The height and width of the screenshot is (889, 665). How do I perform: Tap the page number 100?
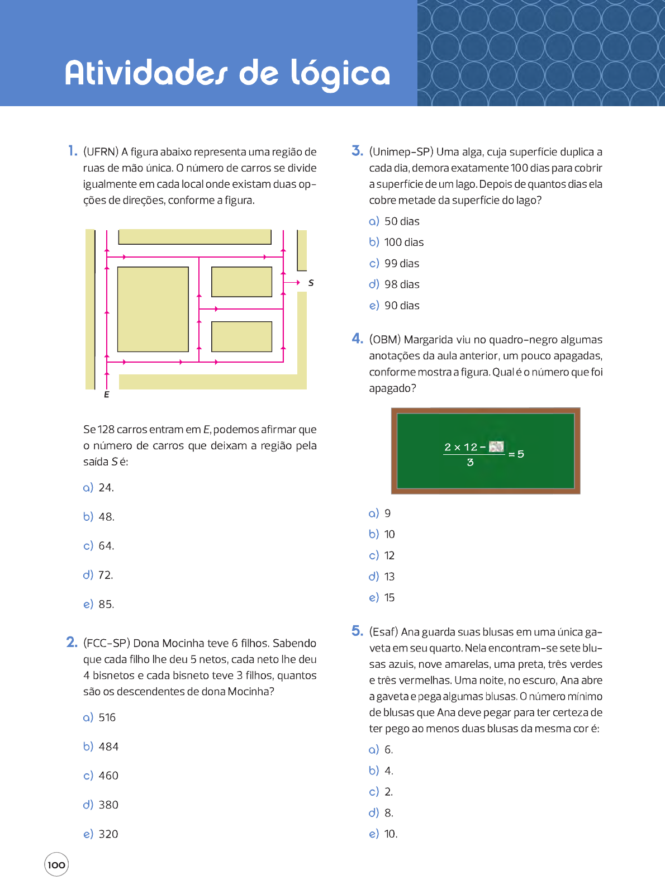(56, 865)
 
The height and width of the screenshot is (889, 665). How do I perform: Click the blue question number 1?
(73, 151)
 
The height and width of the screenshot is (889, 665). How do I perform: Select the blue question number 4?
(357, 339)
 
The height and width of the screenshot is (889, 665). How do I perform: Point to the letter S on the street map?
(311, 283)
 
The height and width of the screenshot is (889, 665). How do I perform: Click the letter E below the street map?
(107, 395)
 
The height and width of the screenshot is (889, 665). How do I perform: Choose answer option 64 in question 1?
(106, 546)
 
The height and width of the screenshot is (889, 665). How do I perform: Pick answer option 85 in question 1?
(106, 604)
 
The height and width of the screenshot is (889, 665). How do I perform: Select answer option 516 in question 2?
(107, 717)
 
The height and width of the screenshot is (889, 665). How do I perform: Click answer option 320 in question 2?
(108, 834)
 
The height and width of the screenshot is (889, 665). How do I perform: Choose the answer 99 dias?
(401, 264)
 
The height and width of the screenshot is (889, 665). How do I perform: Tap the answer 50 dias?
(401, 222)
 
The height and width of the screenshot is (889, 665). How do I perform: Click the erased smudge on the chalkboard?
(496, 446)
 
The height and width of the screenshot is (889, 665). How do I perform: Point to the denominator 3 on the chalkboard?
(471, 463)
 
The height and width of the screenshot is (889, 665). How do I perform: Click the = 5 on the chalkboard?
(516, 454)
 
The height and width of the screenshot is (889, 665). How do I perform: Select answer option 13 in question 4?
(389, 577)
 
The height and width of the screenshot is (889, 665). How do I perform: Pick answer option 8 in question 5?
(388, 813)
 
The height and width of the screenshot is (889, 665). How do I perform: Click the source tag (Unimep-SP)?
(401, 152)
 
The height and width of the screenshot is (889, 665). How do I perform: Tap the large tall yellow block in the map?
(153, 309)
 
